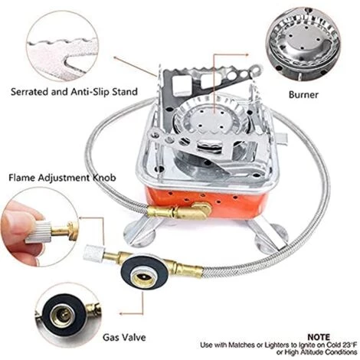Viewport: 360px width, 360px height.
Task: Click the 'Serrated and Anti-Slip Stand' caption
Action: (x=74, y=92)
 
